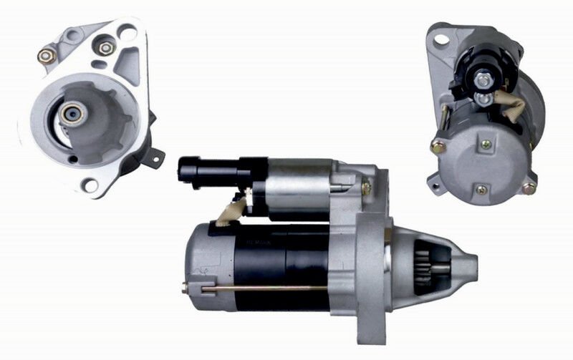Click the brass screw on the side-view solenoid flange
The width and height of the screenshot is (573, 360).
pos(366,188)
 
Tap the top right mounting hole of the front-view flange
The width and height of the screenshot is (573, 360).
pos(127,32)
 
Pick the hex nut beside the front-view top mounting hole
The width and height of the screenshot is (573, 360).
pos(106,48)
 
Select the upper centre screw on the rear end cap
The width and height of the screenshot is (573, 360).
pos(487,145)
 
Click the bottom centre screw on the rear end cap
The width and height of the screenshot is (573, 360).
pos(481,190)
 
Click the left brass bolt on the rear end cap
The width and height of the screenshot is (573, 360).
pos(436,147)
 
